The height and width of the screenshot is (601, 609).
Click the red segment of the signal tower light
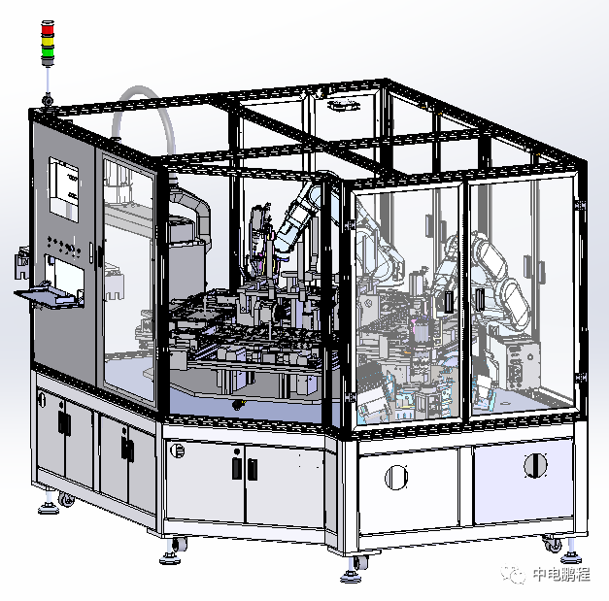[48, 29]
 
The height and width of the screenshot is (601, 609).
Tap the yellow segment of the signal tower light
[48, 41]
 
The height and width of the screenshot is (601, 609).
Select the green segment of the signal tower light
[48, 51]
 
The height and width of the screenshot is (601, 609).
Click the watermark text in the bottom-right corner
[561, 574]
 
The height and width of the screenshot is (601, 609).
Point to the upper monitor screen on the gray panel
[64, 189]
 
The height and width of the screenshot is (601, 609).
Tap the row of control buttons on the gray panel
[64, 246]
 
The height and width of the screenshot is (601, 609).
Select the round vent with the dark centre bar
[535, 465]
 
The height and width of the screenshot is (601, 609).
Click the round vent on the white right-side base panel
[396, 477]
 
